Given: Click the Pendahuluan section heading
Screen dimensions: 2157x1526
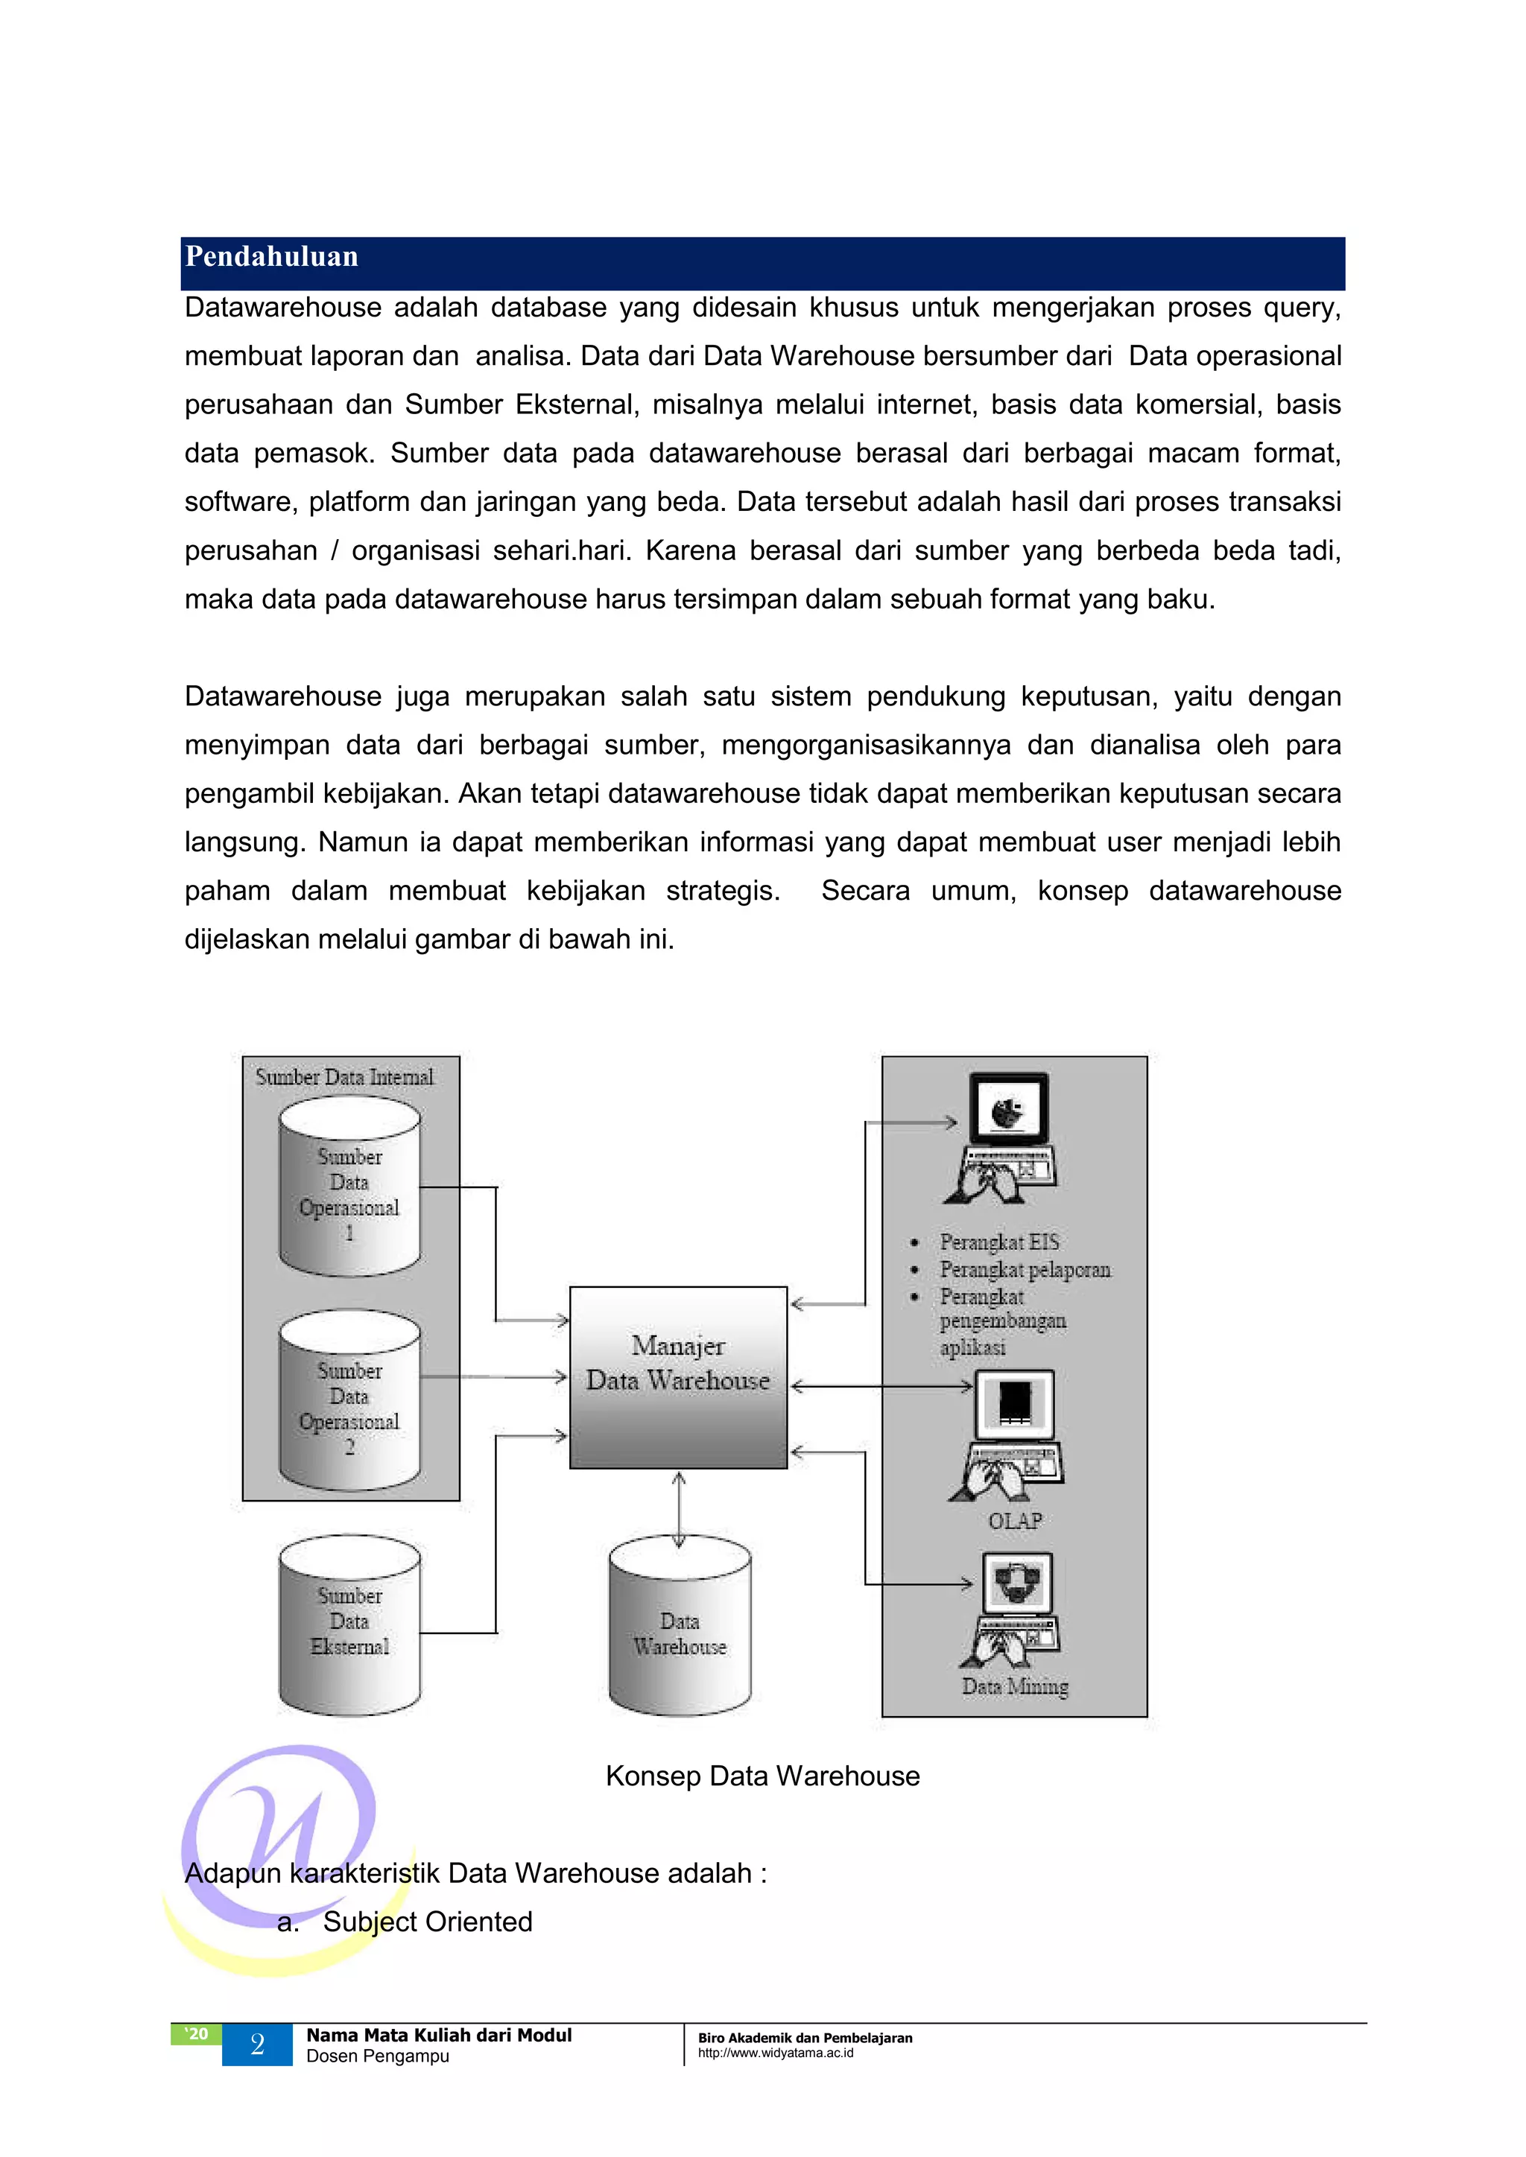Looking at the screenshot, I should tap(271, 256).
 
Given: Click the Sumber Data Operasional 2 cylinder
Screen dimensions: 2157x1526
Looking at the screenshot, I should tap(349, 1402).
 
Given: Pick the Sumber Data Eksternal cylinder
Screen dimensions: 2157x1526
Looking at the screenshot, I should tap(349, 1625).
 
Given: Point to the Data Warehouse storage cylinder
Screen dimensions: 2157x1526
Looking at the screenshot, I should tap(680, 1635).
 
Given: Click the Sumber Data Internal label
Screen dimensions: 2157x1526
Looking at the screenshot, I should tap(345, 1078).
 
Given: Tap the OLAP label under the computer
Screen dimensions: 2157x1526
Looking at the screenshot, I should tap(1015, 1520).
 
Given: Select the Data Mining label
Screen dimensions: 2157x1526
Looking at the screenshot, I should tap(1015, 1686).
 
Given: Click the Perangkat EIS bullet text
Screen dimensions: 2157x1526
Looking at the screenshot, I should tap(999, 1242).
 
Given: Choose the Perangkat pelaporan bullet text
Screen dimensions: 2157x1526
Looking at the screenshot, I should tap(1025, 1270).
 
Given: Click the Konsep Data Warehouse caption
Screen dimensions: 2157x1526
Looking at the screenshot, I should tap(762, 1776).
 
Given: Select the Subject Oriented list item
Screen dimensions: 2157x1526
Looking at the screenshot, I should tap(428, 1921).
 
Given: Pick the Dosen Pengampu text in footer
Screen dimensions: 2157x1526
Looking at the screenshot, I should tap(378, 2056).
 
